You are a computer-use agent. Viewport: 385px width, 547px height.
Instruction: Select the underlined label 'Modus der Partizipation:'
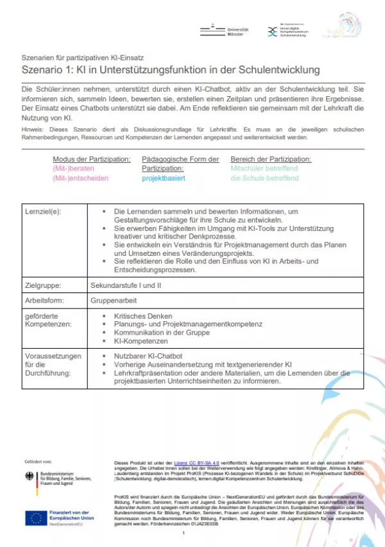pyautogui.click(x=92, y=158)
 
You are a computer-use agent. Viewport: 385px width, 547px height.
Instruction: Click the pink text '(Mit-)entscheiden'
pyautogui.click(x=81, y=178)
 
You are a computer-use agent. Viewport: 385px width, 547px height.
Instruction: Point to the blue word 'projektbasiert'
pyautogui.click(x=164, y=178)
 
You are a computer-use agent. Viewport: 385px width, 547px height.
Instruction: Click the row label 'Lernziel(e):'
pyautogui.click(x=43, y=211)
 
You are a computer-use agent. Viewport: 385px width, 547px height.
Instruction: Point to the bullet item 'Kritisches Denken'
pyautogui.click(x=142, y=316)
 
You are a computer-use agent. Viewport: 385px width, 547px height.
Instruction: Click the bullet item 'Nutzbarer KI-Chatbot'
pyautogui.click(x=148, y=355)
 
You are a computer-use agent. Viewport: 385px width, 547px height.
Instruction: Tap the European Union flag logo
pyautogui.click(x=36, y=518)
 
